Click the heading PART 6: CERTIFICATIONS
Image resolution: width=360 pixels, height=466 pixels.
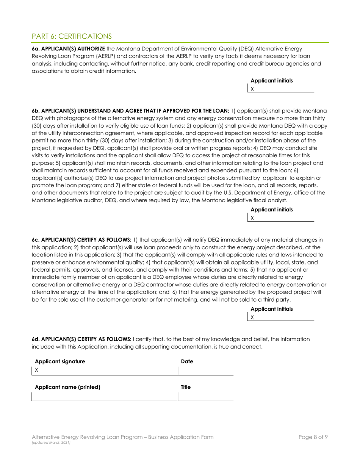pos(72,36)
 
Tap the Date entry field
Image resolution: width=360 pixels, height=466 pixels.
pos(205,370)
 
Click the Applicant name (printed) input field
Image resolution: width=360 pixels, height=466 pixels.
pos(105,396)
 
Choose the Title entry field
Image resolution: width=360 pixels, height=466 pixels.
pos(205,396)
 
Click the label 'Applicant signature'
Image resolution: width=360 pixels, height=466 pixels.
pos(60,361)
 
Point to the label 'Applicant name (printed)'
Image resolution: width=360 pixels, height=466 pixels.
pos(67,387)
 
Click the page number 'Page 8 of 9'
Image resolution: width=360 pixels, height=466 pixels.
pos(313,437)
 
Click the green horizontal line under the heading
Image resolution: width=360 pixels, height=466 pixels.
pos(180,42)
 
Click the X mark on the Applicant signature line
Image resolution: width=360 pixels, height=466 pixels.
pos(37,370)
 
